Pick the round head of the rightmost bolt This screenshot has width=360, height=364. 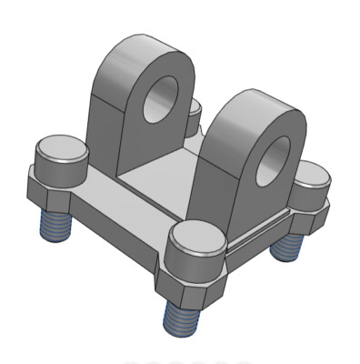point(312,173)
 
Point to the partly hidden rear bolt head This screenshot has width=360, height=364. point(195,111)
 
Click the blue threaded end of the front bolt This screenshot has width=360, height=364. point(182,315)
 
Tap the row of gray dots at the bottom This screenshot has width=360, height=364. point(186,360)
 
